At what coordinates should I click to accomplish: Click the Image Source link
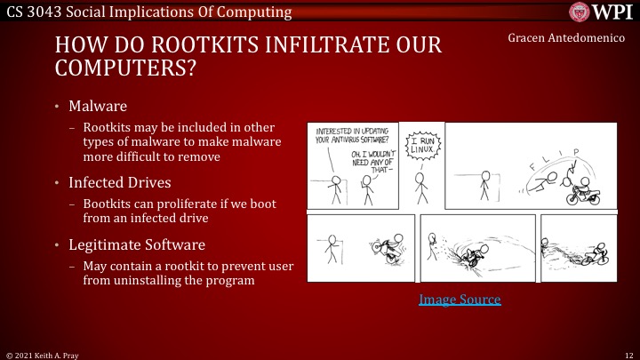coord(460,300)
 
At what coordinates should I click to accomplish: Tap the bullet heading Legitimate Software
coord(137,244)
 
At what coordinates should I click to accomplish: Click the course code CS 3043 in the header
coord(35,12)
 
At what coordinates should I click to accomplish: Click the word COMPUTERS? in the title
coord(124,67)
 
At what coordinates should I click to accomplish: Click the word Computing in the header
coord(257,12)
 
